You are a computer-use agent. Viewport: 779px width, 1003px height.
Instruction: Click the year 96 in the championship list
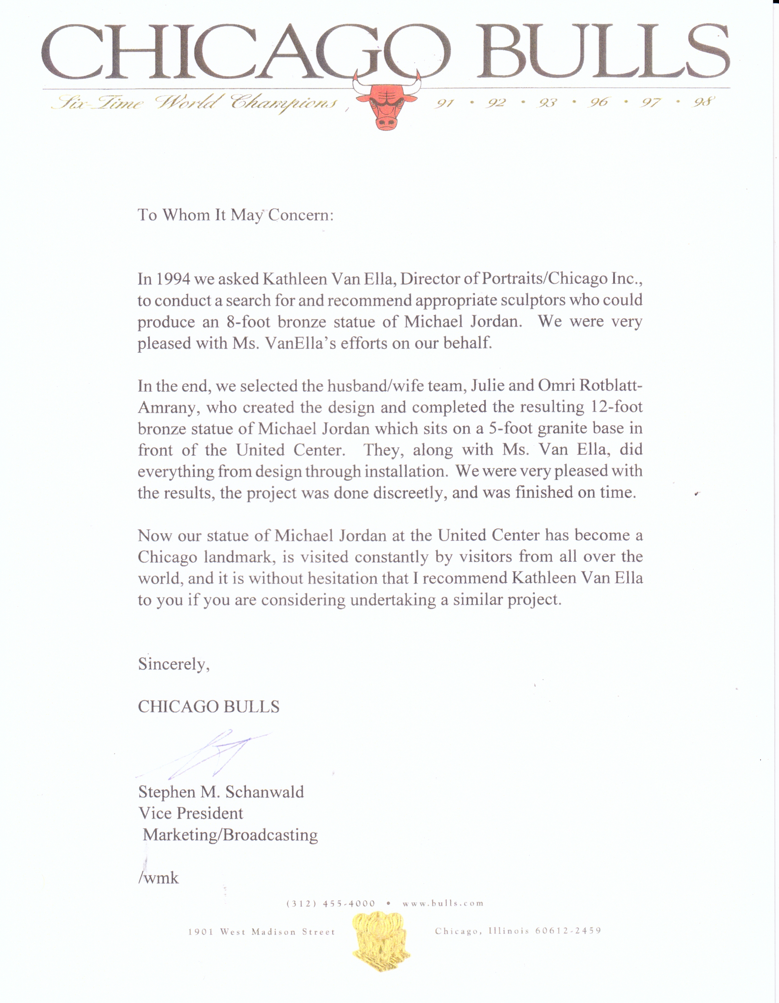click(599, 102)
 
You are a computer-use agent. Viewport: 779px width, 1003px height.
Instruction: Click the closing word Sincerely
click(174, 664)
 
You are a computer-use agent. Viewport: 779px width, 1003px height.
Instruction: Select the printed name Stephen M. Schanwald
click(221, 792)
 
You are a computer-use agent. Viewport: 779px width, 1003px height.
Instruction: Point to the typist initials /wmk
click(158, 878)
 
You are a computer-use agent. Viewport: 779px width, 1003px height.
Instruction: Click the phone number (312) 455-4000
click(331, 903)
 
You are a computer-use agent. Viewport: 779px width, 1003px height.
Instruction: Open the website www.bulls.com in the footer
click(443, 903)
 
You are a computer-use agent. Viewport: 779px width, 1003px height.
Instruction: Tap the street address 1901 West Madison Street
click(261, 932)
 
